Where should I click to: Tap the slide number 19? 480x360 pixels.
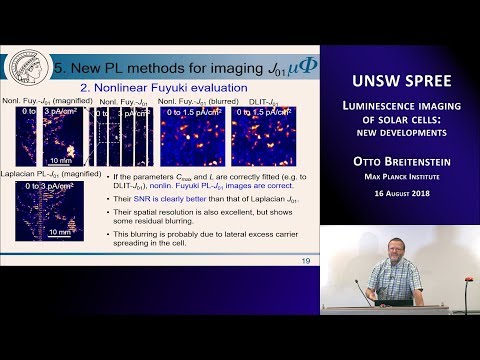click(305, 261)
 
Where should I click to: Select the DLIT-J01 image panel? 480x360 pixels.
click(265, 135)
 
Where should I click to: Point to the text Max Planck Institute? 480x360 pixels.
click(399, 180)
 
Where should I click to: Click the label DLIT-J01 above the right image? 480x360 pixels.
click(252, 101)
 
